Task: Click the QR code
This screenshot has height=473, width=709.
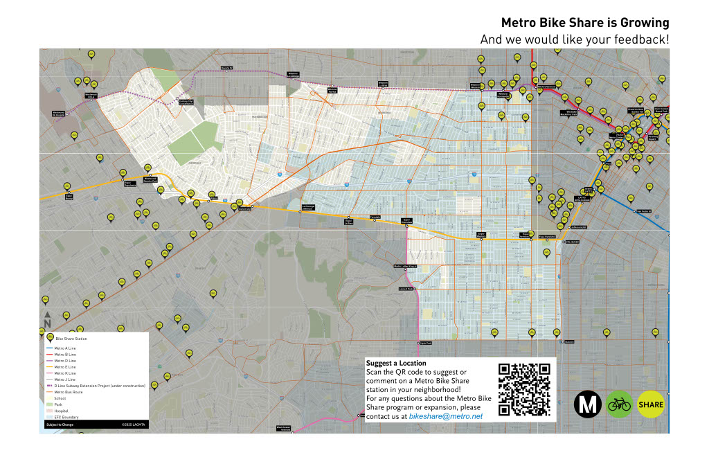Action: pos(523,389)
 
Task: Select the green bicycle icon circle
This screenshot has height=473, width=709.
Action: pos(618,404)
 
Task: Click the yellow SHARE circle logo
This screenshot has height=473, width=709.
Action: pos(650,404)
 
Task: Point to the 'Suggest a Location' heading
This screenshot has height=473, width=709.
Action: pos(396,363)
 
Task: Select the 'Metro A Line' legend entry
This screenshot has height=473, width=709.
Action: pos(65,348)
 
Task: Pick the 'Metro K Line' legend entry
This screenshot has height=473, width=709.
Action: pos(65,373)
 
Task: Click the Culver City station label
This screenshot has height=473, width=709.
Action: pos(244,209)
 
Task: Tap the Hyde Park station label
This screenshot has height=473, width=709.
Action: pos(424,343)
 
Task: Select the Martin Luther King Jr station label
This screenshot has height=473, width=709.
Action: pos(405,266)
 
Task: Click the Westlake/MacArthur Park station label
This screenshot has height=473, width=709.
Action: pos(571,112)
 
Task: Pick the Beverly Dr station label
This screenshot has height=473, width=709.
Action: pos(226,68)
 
